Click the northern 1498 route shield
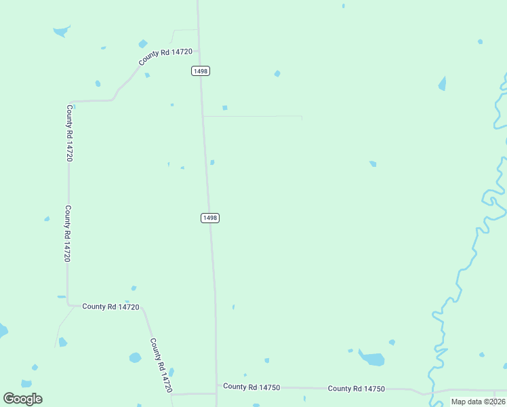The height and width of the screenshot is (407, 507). tap(201, 71)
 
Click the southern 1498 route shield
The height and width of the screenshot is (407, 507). tap(210, 218)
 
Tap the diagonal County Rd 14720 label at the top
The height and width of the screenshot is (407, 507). tap(166, 57)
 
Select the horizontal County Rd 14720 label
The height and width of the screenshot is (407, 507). tap(110, 307)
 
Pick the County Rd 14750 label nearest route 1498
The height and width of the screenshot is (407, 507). tap(251, 387)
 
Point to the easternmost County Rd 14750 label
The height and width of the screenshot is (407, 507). tap(356, 389)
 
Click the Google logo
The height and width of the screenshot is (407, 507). tap(23, 399)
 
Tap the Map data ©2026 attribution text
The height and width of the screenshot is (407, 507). tap(477, 402)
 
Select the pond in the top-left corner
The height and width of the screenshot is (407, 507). tap(61, 31)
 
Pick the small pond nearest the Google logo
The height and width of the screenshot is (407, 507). tap(26, 384)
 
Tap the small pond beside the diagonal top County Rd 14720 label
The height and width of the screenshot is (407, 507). tap(143, 44)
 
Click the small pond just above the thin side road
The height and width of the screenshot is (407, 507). tap(224, 107)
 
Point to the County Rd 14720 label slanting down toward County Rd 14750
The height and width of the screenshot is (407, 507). tap(161, 366)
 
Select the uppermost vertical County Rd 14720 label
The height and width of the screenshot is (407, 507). tap(69, 132)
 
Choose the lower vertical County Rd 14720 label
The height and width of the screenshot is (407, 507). tap(67, 234)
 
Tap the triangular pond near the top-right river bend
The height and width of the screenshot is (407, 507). tap(443, 84)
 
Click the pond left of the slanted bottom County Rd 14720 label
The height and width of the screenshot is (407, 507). tap(135, 357)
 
